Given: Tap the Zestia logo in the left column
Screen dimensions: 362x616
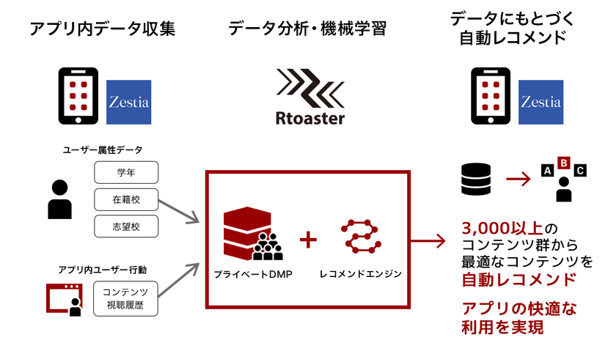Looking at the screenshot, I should pos(128,101).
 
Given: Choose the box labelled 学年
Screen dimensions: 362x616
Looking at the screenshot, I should pos(126,174).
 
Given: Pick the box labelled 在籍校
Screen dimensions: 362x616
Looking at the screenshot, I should pos(126,200).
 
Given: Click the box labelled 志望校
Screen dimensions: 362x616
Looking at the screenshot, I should pos(126,226).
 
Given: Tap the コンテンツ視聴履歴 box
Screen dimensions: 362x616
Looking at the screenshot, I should pos(126,298).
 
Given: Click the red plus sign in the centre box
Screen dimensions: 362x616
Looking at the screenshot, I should pos(309,240).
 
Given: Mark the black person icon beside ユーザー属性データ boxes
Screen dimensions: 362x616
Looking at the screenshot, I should pos(59,199).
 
